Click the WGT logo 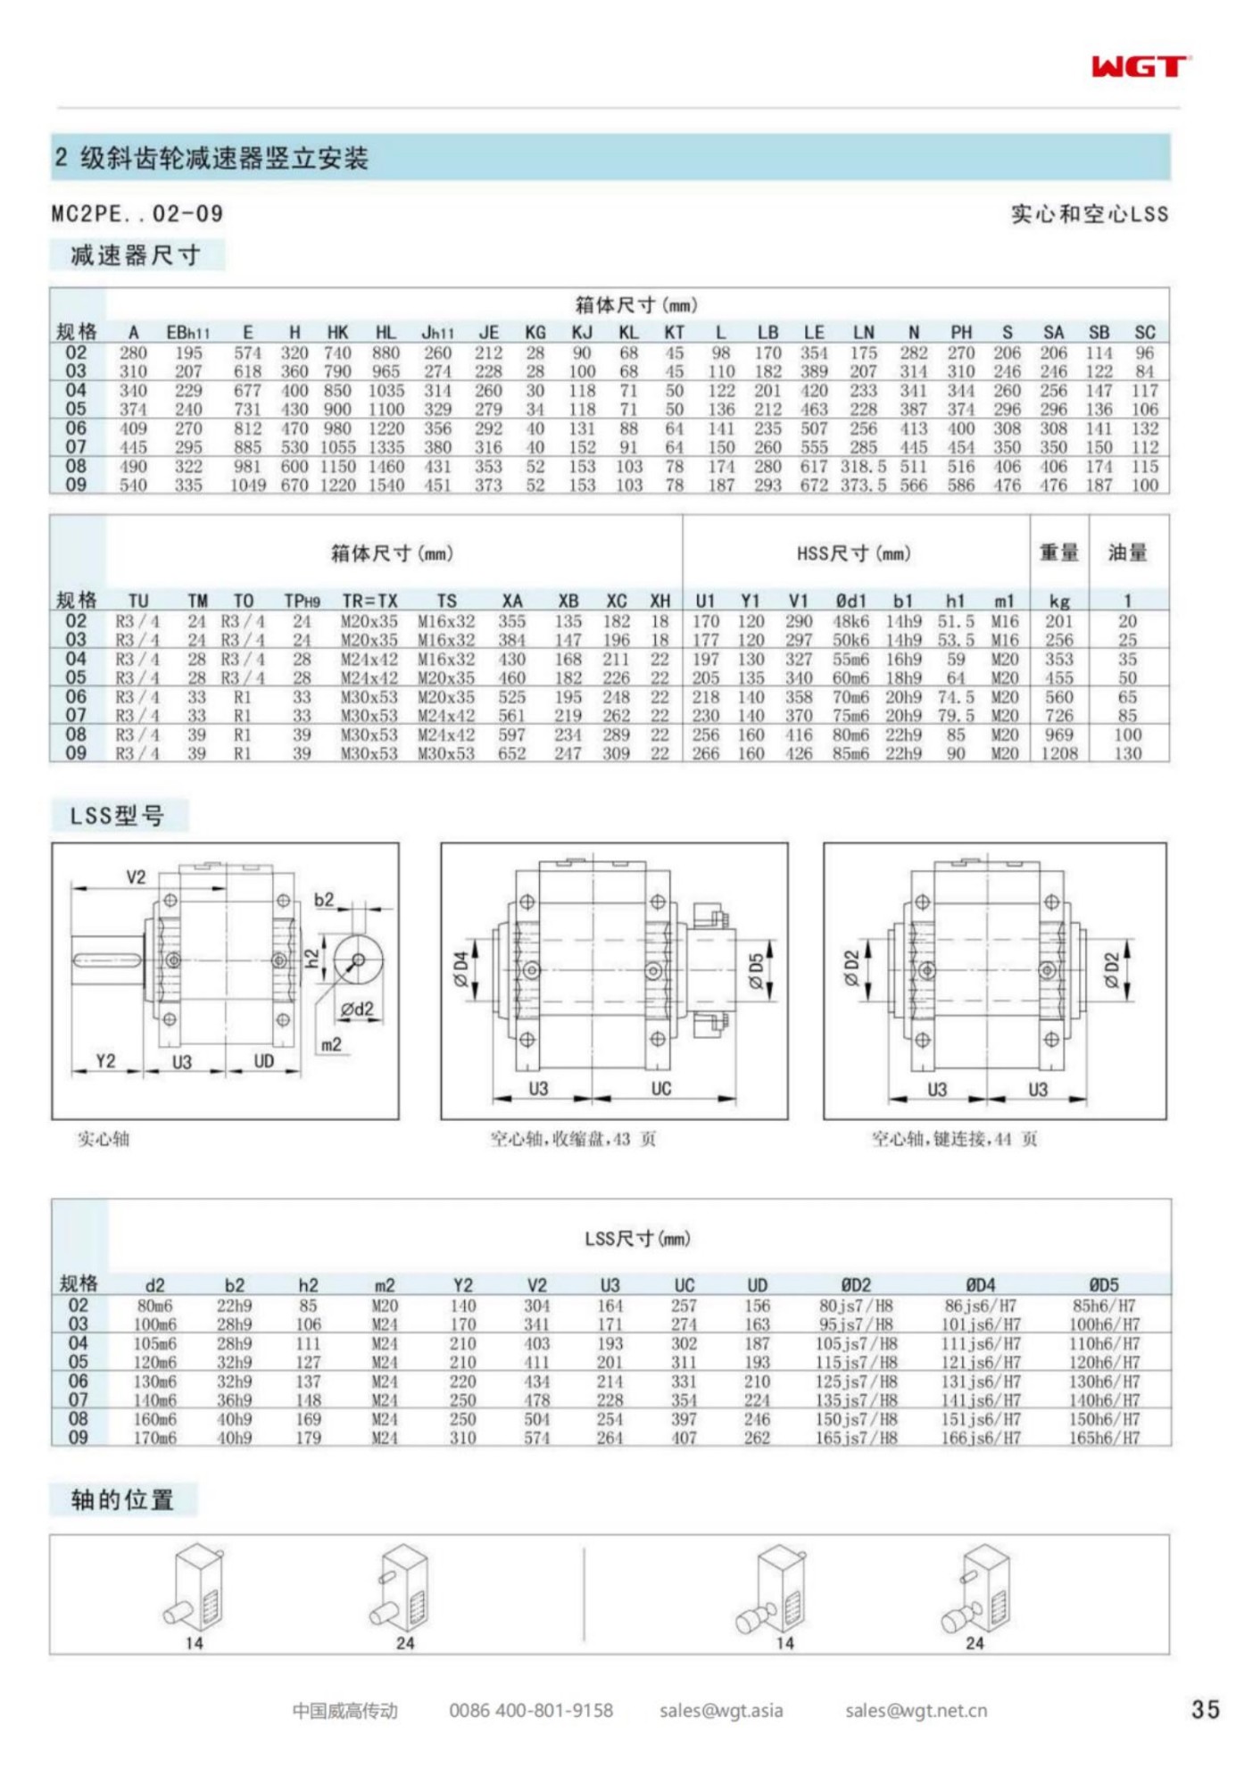1140,67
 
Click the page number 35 1204,1709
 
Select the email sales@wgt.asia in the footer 721,1710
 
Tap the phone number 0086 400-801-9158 531,1710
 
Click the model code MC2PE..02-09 137,213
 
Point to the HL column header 386,332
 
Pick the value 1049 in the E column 248,485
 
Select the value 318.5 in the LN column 863,466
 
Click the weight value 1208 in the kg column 1058,753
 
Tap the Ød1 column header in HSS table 850,601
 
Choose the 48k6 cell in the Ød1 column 850,620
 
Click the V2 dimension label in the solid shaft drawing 136,876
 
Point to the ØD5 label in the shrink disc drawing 756,971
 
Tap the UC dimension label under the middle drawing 661,1088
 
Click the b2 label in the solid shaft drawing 324,899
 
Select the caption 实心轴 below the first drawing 104,1139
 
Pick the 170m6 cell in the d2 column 154,1438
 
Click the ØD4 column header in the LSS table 980,1285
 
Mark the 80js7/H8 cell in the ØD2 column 856,1306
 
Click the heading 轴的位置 122,1499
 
